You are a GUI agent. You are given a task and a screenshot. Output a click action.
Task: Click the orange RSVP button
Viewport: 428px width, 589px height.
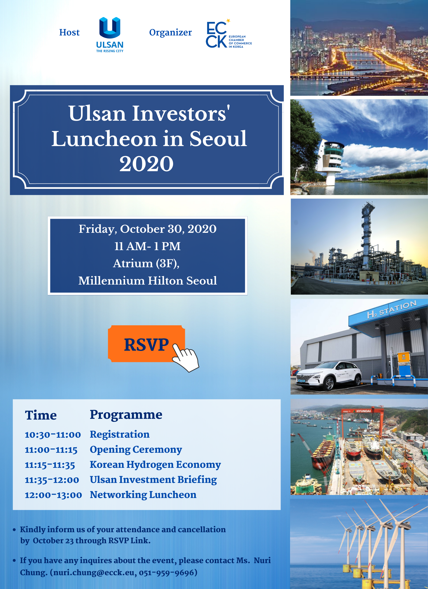tap(146, 344)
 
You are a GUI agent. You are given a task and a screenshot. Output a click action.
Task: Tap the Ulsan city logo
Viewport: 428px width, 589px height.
tap(110, 35)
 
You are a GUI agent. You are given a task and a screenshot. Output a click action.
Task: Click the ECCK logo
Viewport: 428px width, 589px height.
tap(229, 33)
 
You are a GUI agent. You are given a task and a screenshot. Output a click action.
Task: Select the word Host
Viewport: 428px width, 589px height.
tap(69, 32)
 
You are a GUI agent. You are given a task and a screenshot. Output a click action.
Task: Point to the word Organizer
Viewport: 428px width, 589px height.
tap(171, 33)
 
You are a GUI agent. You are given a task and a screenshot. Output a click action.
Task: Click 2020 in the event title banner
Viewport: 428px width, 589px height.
tap(146, 164)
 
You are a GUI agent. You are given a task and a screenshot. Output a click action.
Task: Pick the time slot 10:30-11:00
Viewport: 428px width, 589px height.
tap(53, 435)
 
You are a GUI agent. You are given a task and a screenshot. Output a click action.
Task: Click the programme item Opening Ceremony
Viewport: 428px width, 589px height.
tap(136, 449)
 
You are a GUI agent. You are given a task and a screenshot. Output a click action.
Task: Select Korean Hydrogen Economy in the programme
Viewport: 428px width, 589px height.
tap(155, 465)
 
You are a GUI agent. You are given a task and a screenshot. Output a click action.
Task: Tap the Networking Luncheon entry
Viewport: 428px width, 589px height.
tap(143, 495)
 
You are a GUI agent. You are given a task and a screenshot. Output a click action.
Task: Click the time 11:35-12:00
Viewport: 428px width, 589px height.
tap(52, 480)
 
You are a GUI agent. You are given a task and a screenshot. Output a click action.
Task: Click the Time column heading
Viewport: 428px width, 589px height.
tap(41, 415)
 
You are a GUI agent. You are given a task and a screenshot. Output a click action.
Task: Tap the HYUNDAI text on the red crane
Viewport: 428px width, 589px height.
tap(364, 411)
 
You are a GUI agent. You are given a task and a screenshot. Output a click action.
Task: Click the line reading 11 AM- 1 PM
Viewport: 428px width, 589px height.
tap(147, 246)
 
